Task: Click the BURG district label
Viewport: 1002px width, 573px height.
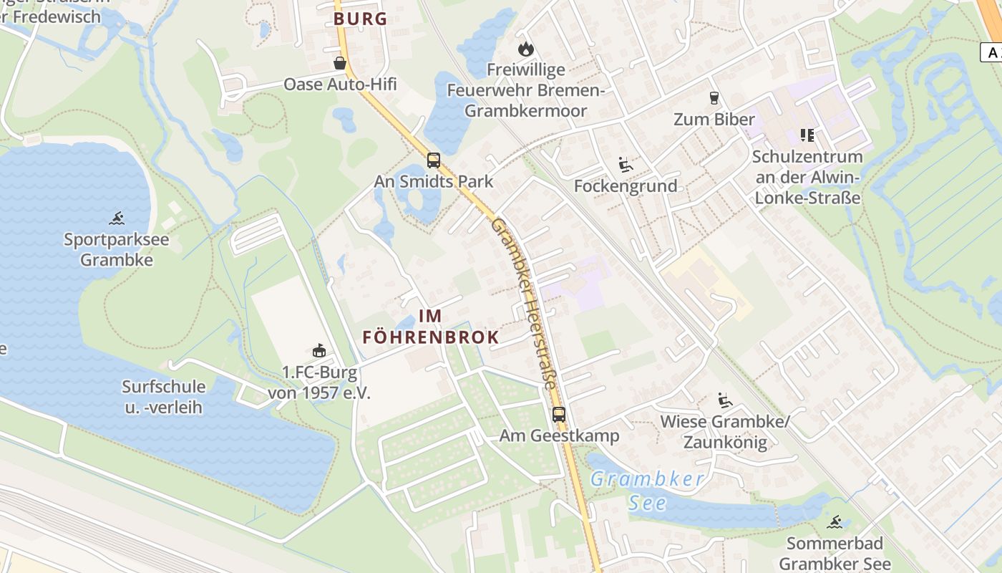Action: coord(360,19)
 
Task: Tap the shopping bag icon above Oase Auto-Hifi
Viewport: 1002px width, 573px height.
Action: coord(340,64)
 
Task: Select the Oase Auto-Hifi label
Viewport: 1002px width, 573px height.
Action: coord(340,85)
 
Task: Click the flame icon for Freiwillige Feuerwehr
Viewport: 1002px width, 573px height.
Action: coord(526,49)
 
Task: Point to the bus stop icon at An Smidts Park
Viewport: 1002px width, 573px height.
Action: coord(434,160)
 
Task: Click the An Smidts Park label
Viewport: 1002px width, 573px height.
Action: coord(434,181)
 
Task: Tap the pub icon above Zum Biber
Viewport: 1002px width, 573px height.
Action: coord(714,97)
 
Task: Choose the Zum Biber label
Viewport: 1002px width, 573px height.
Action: coord(714,119)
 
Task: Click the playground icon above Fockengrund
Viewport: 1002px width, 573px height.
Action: coord(626,165)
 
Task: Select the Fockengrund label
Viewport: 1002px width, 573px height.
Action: coord(626,186)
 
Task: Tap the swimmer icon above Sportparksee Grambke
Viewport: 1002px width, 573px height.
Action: coord(117,218)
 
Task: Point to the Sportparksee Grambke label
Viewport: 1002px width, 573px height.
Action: coord(117,249)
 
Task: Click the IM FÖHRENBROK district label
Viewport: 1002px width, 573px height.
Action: coord(430,326)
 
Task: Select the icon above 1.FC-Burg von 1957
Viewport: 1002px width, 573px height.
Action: coord(319,350)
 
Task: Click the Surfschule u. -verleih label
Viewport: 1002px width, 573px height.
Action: coord(163,397)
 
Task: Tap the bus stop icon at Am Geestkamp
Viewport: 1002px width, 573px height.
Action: coord(559,414)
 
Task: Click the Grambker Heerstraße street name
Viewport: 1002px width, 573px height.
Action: coord(524,304)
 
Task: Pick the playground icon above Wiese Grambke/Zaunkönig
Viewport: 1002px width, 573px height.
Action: coord(724,400)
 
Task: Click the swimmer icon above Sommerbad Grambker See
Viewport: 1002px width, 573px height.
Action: coord(835,521)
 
